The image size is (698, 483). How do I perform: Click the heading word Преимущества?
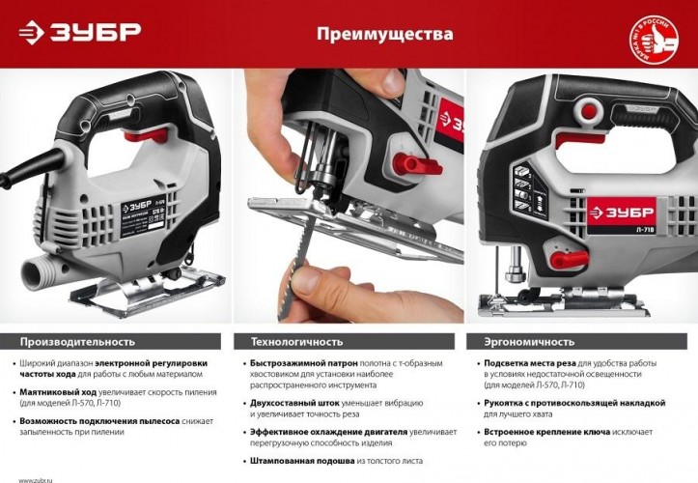[384, 35]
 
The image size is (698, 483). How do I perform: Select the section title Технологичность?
[297, 341]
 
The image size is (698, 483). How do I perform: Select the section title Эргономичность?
[521, 341]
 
